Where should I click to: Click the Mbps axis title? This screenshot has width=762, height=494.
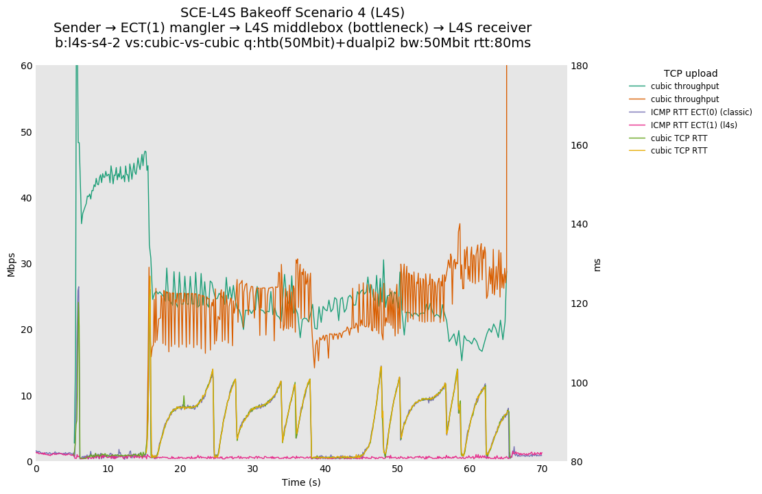click(11, 264)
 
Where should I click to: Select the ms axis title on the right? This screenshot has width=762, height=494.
click(597, 264)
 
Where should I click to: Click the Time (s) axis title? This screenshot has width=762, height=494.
click(301, 482)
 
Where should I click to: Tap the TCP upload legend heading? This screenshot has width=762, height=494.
click(690, 73)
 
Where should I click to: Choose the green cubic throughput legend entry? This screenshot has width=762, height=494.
click(684, 86)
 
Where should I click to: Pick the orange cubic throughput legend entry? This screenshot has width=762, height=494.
click(684, 99)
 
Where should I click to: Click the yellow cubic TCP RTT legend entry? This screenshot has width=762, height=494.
click(679, 151)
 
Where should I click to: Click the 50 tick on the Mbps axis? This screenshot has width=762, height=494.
click(26, 132)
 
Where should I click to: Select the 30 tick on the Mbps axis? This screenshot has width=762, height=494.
click(26, 264)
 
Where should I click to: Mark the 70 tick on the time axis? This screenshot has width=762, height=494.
click(542, 469)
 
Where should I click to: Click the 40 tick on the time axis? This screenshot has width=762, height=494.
click(325, 469)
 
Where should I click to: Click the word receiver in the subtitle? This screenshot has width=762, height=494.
click(501, 28)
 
